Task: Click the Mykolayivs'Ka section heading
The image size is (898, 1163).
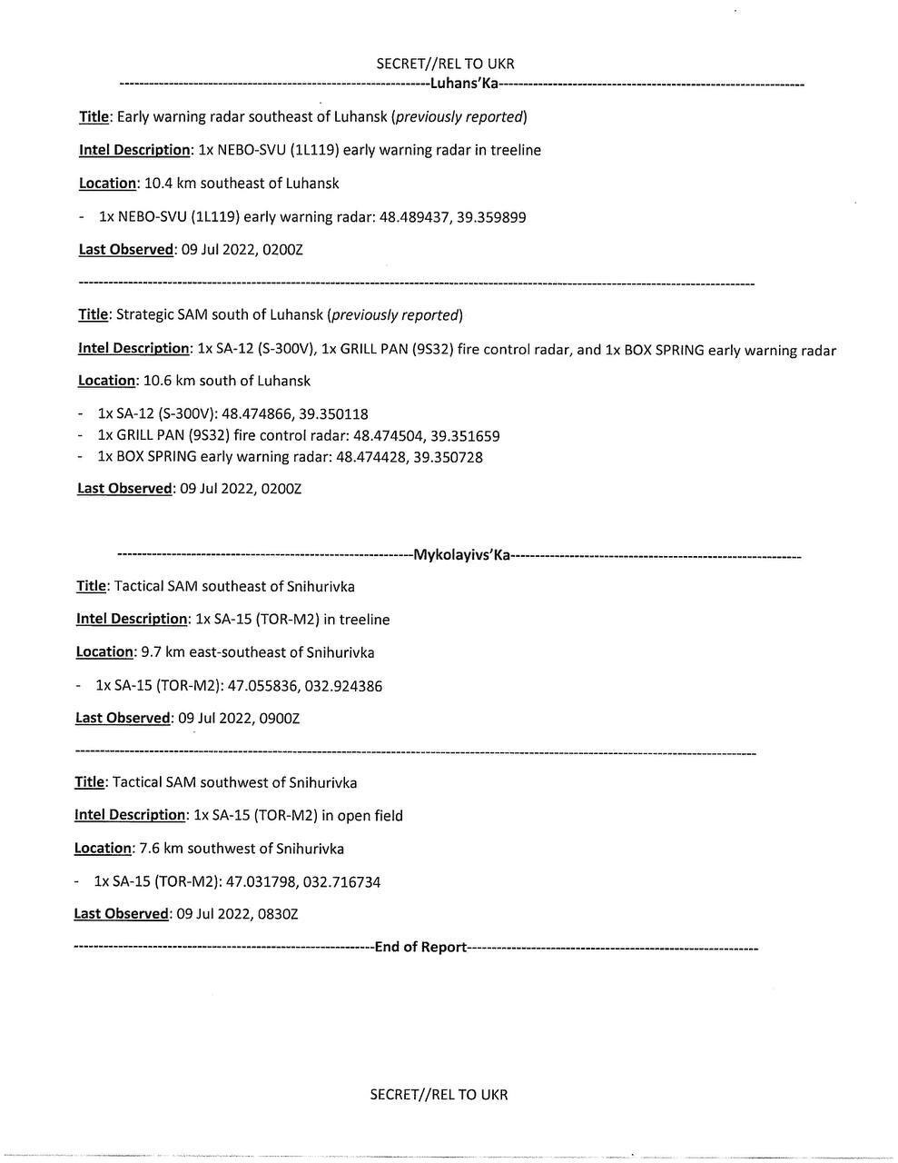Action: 462,554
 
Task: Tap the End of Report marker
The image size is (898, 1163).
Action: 420,947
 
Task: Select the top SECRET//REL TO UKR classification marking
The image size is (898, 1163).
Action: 445,64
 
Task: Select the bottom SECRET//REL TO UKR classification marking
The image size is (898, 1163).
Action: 439,1094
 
